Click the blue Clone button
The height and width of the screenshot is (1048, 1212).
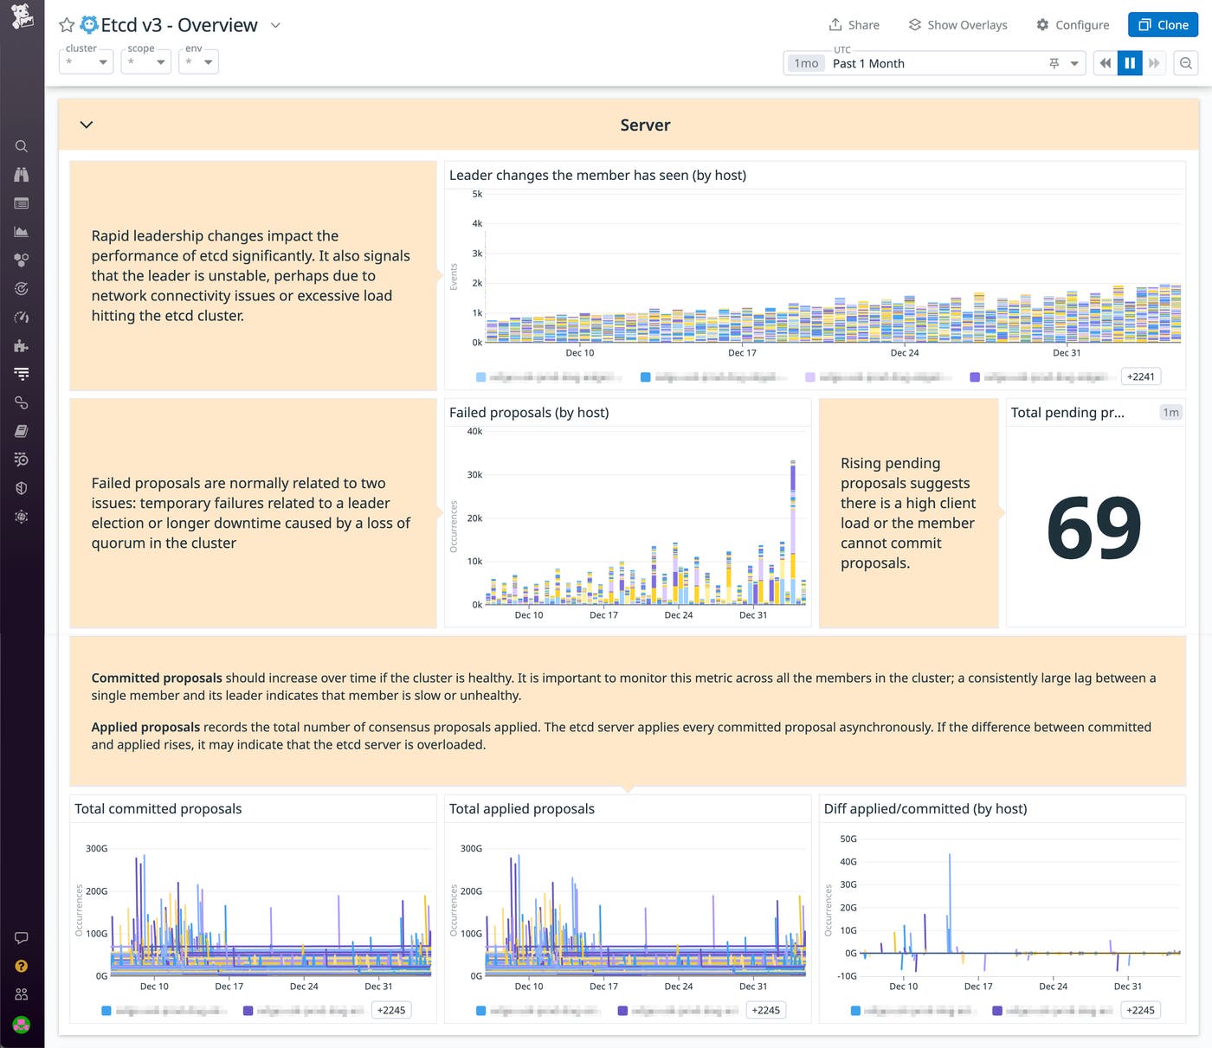click(1162, 25)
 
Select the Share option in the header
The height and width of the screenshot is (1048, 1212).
click(854, 25)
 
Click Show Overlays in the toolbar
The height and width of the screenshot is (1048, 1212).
click(957, 25)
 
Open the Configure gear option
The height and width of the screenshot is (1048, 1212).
click(1073, 25)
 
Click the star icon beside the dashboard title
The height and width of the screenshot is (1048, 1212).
click(67, 25)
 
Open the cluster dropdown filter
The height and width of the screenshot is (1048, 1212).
click(87, 61)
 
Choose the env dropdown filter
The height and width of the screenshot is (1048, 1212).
click(198, 61)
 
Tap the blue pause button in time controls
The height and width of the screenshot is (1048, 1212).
click(1130, 63)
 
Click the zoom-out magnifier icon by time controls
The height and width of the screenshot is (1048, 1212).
click(1186, 63)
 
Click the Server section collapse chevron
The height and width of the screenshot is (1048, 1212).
click(87, 125)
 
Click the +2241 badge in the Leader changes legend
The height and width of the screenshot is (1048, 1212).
click(1140, 376)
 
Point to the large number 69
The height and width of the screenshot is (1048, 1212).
click(1094, 528)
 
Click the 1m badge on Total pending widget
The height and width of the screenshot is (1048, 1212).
click(1170, 413)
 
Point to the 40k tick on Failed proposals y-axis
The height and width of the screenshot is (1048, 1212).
click(474, 432)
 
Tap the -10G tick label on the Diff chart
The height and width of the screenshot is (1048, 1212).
click(846, 976)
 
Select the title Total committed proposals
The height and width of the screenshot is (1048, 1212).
click(158, 809)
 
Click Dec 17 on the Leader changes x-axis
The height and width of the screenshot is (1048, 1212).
click(742, 353)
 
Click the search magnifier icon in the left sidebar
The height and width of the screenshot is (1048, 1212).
click(22, 146)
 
